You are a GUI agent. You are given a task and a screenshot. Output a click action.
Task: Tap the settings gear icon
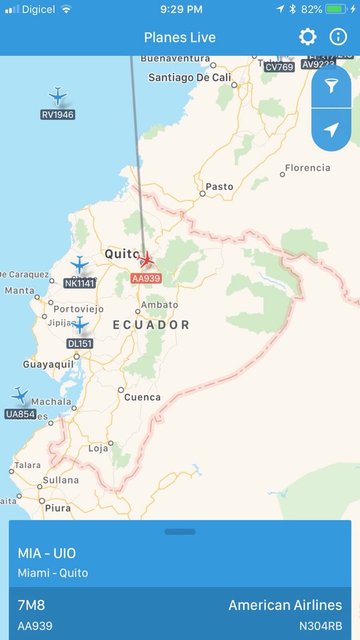click(307, 37)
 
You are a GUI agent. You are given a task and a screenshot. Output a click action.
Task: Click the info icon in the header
click(338, 37)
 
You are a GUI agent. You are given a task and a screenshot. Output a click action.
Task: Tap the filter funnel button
click(331, 87)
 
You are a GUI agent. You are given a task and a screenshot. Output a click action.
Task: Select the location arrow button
click(331, 129)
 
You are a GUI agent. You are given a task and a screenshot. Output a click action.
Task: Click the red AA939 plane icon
click(146, 259)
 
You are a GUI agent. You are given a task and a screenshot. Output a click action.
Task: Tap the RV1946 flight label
click(57, 114)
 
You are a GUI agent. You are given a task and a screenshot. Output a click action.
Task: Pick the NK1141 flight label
click(79, 283)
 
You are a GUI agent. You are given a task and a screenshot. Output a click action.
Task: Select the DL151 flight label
click(79, 343)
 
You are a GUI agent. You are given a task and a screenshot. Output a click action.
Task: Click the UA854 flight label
click(21, 414)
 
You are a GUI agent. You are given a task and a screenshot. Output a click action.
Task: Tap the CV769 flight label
click(279, 67)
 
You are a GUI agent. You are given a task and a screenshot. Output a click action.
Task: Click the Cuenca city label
click(142, 397)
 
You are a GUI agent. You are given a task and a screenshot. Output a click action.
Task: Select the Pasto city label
click(219, 186)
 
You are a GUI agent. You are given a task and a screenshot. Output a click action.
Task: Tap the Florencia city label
click(307, 167)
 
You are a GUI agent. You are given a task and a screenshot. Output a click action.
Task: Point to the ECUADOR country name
click(151, 324)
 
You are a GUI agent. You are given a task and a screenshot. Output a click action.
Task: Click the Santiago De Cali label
click(189, 77)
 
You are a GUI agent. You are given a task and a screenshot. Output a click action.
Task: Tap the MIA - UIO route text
click(47, 553)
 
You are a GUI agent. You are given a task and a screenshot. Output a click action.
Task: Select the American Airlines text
click(285, 605)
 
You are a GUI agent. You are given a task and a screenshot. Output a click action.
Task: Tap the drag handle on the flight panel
click(180, 532)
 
